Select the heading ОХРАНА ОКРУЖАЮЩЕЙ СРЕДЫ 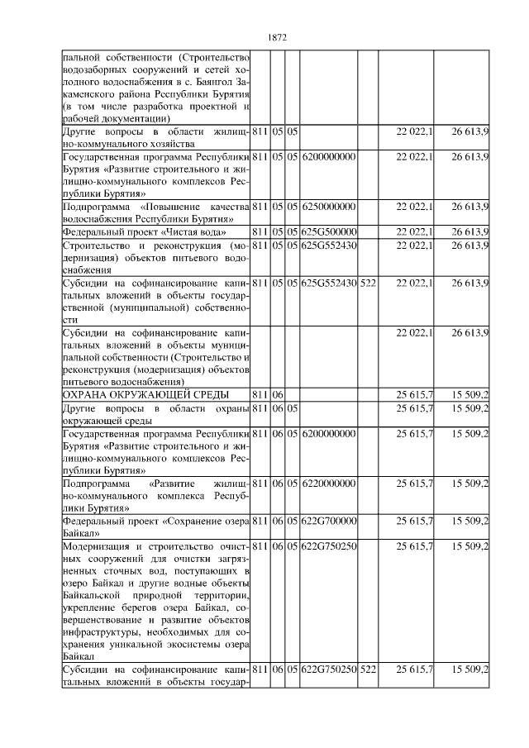coord(145,395)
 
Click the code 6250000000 coord(328,206)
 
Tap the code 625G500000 coord(328,231)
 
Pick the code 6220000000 coord(328,482)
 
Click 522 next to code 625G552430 coord(368,283)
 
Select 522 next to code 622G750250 coord(368,669)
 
